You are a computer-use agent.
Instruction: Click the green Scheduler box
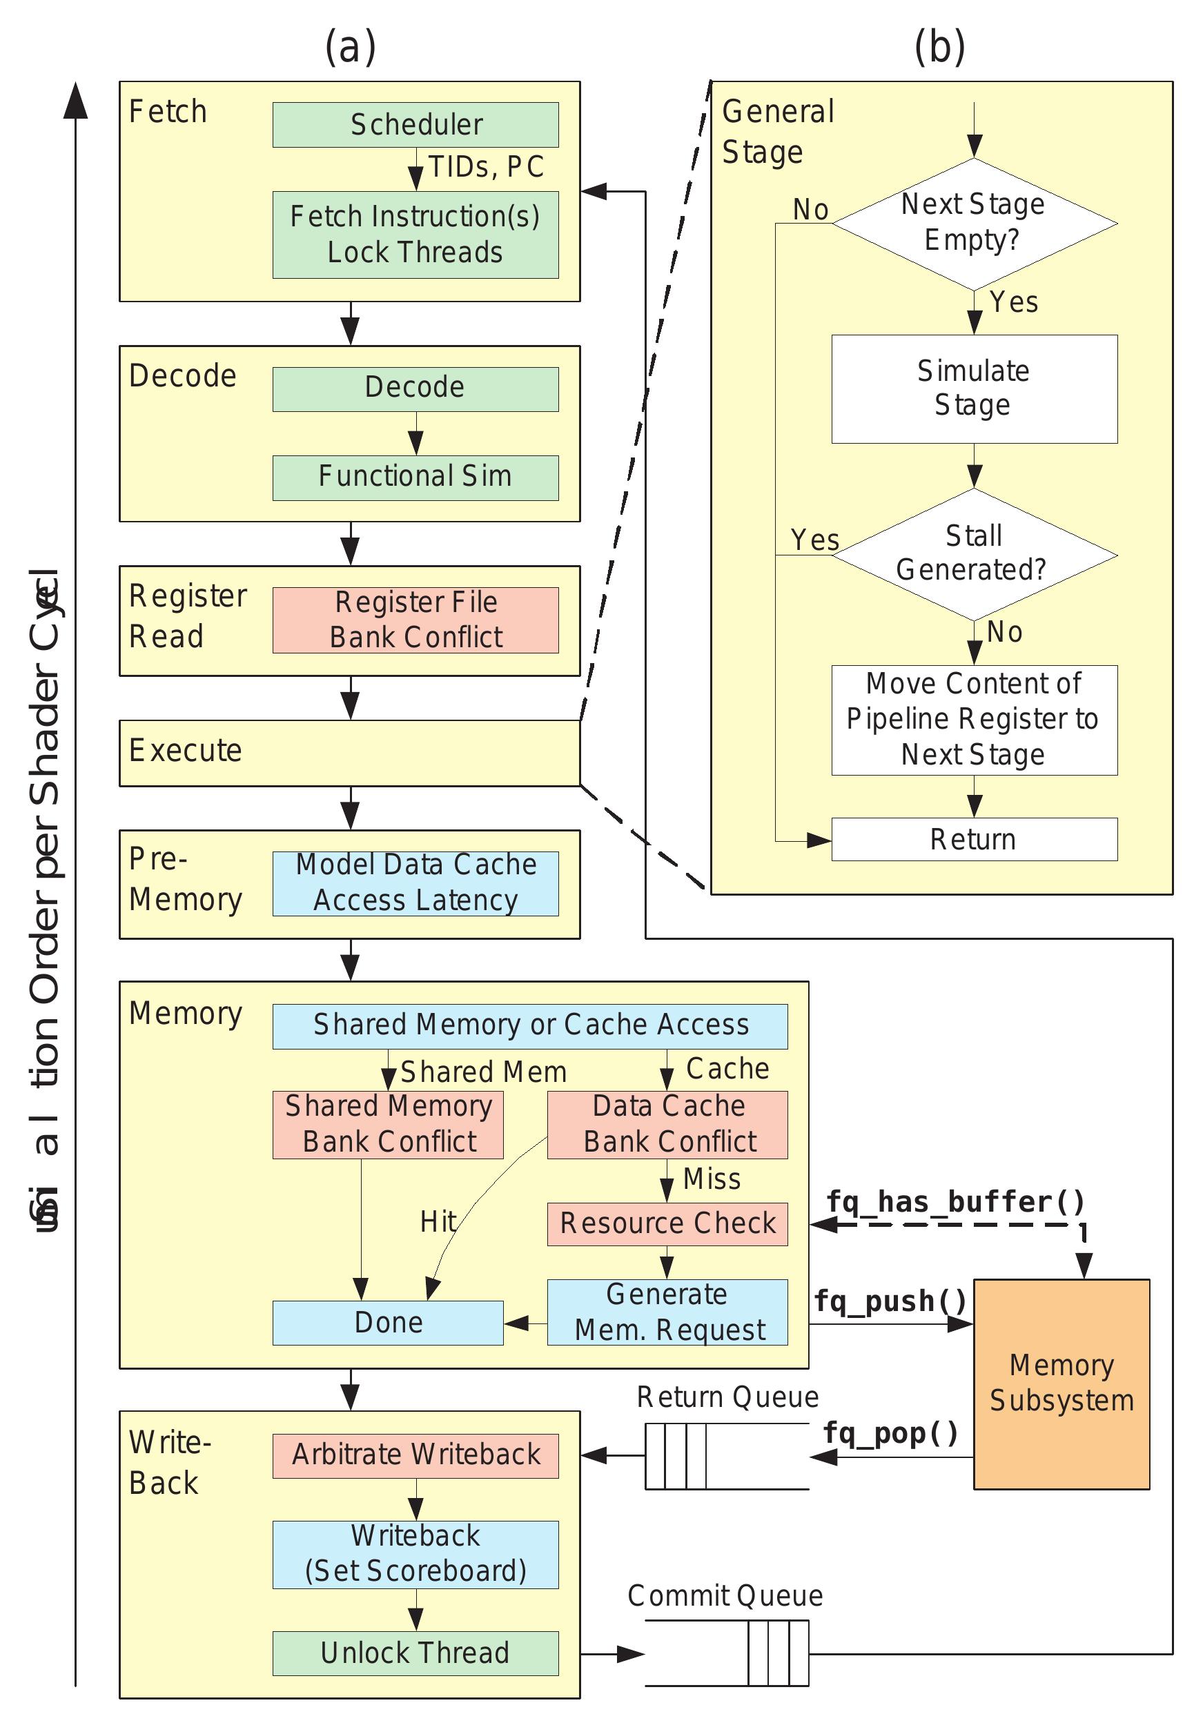tap(415, 125)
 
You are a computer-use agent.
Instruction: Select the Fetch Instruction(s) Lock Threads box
tap(415, 235)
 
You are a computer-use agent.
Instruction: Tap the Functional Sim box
tap(415, 477)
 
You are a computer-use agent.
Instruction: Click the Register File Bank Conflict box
tap(415, 620)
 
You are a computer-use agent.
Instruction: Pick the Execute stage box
tap(349, 753)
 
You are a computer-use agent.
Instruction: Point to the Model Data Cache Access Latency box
tap(415, 883)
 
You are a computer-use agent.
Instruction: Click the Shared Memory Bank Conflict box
tap(388, 1124)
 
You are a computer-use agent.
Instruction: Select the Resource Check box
tap(667, 1223)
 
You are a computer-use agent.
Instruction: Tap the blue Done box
tap(388, 1322)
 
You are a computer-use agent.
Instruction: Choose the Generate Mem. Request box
tap(667, 1312)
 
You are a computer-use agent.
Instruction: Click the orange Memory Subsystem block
tap(1060, 1383)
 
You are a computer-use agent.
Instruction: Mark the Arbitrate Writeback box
tap(415, 1455)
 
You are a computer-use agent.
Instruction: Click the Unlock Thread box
tap(415, 1653)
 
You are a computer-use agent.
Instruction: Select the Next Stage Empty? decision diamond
tap(973, 222)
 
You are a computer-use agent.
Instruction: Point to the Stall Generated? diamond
tap(973, 554)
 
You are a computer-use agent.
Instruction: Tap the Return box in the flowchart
tap(973, 839)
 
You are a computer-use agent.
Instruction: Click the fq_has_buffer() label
tap(955, 1202)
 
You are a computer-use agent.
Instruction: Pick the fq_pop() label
tap(890, 1432)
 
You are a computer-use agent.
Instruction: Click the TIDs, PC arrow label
tap(485, 167)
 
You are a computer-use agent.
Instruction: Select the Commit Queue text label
tap(724, 1596)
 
